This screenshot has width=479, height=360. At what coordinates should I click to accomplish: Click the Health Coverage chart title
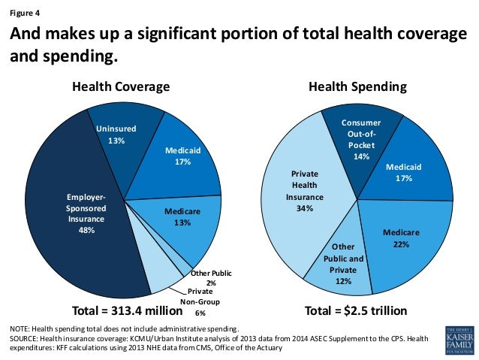pos(121,86)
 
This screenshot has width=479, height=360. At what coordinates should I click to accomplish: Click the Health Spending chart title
pos(357,86)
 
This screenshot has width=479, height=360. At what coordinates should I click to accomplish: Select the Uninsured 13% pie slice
pos(116,135)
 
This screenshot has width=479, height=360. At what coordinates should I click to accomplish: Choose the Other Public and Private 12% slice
pos(343,263)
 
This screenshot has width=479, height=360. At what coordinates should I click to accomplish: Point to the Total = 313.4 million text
pos(127,310)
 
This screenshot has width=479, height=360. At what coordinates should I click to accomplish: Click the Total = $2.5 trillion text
pos(356,310)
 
